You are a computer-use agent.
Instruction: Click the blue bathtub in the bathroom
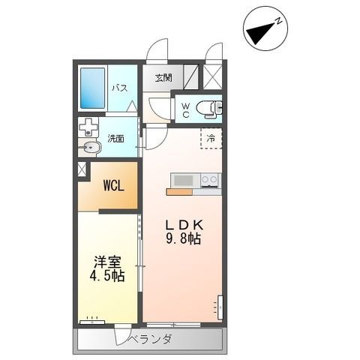92,88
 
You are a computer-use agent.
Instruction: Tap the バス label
120,88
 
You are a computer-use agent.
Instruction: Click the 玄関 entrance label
163,78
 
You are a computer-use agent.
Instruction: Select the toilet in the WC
209,109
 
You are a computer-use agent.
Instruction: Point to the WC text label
186,110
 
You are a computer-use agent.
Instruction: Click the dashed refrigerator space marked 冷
211,138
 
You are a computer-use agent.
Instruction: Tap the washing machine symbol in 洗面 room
88,127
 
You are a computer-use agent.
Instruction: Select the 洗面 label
116,139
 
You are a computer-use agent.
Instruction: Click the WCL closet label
114,186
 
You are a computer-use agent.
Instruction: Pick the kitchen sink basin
183,180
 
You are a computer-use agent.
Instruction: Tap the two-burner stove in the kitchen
209,180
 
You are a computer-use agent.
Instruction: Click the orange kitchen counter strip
179,192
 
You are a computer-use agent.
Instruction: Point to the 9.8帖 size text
183,239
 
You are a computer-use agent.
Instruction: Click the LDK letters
184,226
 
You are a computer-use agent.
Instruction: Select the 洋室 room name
107,262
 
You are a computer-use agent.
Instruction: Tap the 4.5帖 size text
107,277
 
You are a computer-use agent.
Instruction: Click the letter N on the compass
279,21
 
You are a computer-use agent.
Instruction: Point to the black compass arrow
261,33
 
